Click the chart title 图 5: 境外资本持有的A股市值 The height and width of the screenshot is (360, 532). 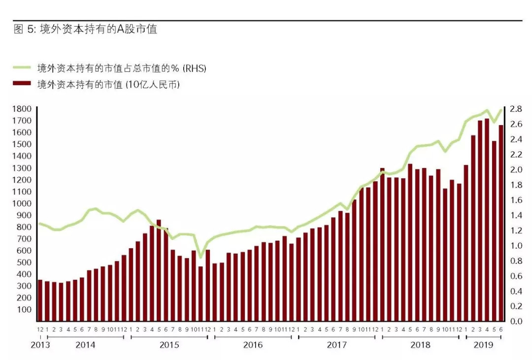click(85, 30)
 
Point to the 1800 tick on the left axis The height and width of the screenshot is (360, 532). click(23, 109)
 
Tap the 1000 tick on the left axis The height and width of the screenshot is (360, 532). click(23, 203)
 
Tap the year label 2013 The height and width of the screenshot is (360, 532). click(40, 345)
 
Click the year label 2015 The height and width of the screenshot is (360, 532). click(169, 345)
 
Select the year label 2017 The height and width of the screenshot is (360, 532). click(336, 345)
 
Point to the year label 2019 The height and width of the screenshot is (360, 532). click(483, 345)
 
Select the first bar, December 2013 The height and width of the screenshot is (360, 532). click(40, 300)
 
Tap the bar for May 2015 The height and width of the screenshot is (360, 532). click(159, 270)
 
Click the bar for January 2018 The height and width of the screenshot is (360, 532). click(382, 244)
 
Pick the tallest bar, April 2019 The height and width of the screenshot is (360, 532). click(487, 220)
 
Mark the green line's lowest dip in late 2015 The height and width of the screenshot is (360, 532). click(200, 257)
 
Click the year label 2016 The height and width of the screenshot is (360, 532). click(253, 345)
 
